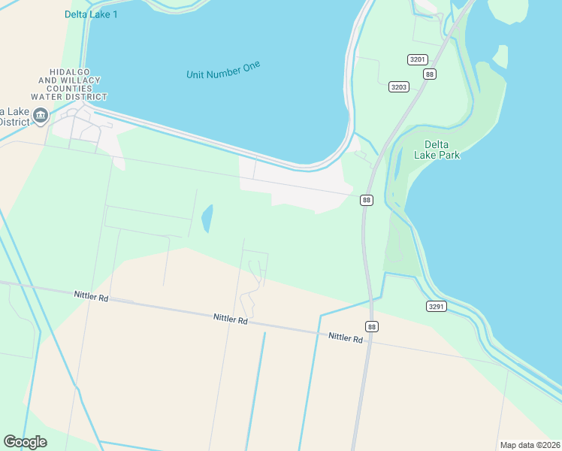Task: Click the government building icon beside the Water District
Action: click(41, 116)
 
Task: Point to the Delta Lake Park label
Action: click(437, 150)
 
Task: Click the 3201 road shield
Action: click(417, 59)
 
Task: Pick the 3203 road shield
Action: click(398, 87)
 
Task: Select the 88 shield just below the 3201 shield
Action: click(429, 74)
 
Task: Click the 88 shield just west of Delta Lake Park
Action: click(366, 200)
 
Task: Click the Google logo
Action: click(25, 442)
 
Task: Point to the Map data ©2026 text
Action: click(530, 445)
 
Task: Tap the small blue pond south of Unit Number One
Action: click(207, 219)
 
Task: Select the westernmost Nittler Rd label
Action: click(91, 297)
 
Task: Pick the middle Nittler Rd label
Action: click(230, 319)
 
